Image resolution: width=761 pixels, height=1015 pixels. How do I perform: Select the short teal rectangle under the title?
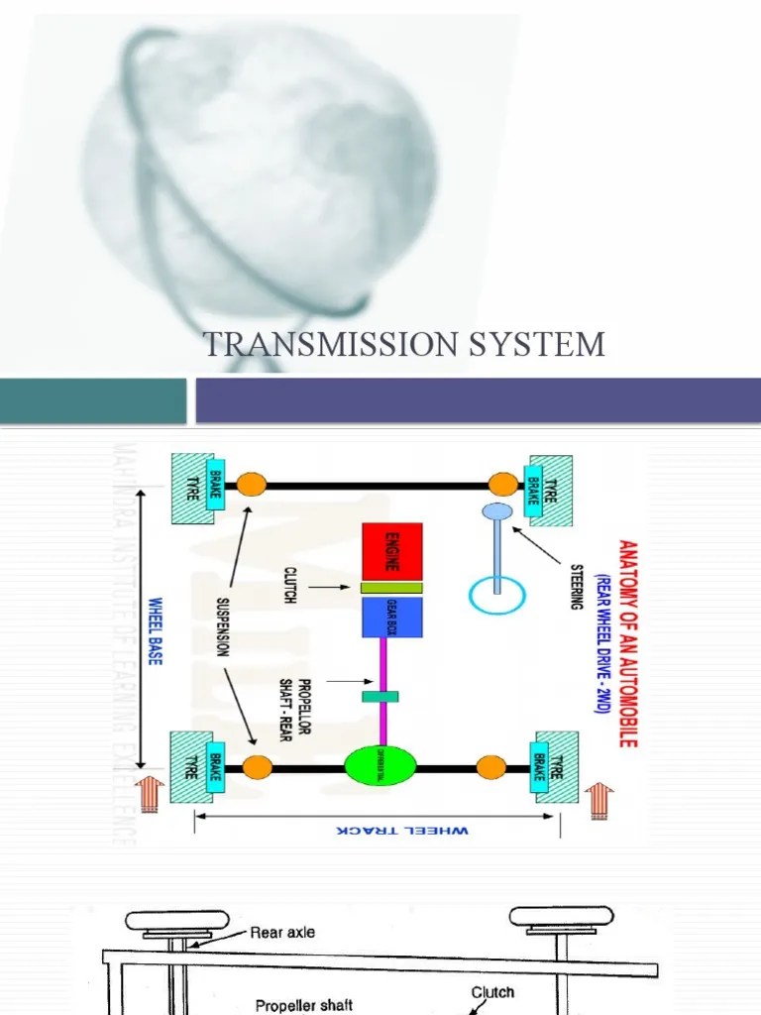(92, 400)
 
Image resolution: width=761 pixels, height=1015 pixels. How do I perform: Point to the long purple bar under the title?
(478, 400)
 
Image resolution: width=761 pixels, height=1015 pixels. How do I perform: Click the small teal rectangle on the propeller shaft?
(380, 697)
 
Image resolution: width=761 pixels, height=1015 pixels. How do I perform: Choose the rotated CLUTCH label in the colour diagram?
(290, 588)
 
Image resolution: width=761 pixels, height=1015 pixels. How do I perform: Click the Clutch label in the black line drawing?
(491, 990)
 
